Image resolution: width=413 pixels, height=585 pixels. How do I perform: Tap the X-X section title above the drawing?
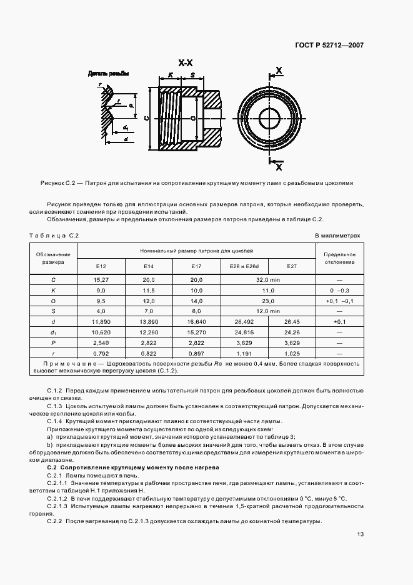186,63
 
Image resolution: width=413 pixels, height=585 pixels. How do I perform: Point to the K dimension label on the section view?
170,75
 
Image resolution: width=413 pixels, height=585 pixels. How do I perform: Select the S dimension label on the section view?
192,75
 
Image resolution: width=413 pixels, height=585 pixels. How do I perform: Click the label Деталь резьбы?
108,74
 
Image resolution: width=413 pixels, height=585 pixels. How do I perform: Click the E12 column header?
101,266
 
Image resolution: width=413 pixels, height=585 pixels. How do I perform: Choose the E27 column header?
291,266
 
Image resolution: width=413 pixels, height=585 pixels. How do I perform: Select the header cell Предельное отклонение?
340,258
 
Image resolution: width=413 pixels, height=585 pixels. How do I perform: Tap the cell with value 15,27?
101,279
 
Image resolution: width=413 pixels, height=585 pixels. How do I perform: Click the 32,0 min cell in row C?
268,279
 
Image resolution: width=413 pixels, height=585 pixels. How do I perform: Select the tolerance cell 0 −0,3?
340,291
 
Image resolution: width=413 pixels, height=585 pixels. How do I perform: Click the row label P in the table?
53,343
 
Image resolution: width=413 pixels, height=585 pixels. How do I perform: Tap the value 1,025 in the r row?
291,353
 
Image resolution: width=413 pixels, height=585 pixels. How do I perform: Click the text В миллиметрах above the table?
337,236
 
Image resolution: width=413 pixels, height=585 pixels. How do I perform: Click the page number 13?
361,534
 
